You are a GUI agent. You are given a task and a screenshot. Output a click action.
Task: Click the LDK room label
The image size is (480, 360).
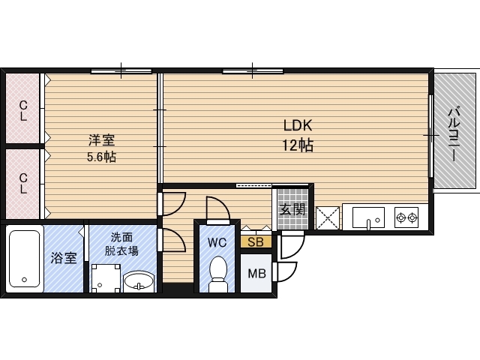tap(297, 125)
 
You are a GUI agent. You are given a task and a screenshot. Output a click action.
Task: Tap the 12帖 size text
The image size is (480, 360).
tap(297, 145)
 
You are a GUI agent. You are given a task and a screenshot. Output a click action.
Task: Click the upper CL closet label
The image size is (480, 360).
tap(23, 111)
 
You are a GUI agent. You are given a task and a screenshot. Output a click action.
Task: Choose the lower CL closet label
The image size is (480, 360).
tap(23, 184)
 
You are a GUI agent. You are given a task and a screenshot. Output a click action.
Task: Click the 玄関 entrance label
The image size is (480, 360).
tap(292, 209)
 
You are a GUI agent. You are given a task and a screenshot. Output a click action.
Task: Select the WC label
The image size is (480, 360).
tap(217, 242)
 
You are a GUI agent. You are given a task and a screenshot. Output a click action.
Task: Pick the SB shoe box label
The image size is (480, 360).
tap(255, 242)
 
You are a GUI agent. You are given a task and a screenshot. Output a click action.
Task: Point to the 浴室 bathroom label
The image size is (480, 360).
tap(63, 259)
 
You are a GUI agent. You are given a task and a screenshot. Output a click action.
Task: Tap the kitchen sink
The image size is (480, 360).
tap(367, 218)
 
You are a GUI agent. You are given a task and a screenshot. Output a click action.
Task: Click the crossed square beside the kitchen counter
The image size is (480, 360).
tap(328, 218)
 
